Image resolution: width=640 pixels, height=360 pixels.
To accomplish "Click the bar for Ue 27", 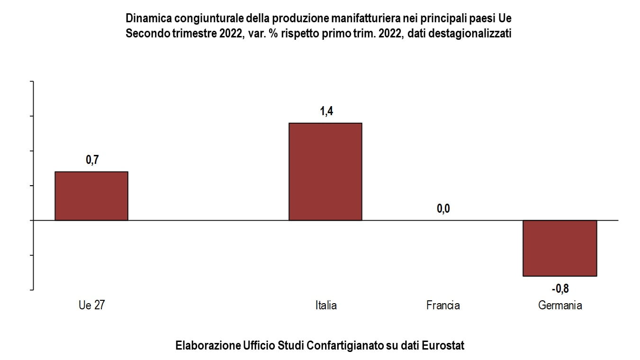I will pos(91,196).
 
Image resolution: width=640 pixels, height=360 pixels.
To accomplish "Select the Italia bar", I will pos(325,171).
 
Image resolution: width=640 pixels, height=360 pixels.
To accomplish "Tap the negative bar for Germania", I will pos(559,248).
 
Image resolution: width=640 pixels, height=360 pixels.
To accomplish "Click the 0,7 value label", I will pos(92,160).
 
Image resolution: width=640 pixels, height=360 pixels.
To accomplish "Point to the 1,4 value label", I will pos(326,111).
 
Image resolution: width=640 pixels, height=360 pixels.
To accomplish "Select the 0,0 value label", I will pos(443,209).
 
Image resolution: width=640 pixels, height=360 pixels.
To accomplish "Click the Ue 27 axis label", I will pos(91,305).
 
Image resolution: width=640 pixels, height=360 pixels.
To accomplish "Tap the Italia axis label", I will pos(326,305).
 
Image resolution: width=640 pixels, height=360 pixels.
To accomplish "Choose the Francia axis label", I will pos(443,305).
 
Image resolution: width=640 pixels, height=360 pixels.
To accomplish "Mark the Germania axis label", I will pos(560,305).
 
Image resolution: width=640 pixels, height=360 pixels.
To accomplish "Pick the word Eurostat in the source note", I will pos(444,345).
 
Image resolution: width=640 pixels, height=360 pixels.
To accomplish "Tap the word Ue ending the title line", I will pos(505,19).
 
